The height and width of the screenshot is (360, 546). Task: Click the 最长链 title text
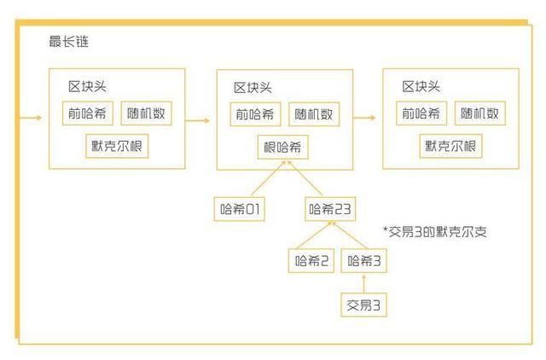pyautogui.click(x=68, y=42)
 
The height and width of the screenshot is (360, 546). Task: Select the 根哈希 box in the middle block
pyautogui.click(x=282, y=148)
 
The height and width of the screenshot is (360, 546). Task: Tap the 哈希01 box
pyautogui.click(x=240, y=209)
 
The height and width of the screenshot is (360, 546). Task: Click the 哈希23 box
pyautogui.click(x=330, y=209)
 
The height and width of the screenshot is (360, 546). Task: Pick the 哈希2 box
pyautogui.click(x=311, y=260)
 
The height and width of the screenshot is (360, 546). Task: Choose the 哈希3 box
pyautogui.click(x=364, y=260)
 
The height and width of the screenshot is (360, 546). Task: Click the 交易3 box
pyautogui.click(x=364, y=305)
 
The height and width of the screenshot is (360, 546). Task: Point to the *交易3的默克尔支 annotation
pyautogui.click(x=434, y=231)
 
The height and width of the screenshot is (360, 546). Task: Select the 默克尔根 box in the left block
pyautogui.click(x=117, y=146)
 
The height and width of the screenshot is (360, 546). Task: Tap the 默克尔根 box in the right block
pyautogui.click(x=450, y=146)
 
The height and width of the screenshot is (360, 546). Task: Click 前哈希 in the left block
pyautogui.click(x=88, y=113)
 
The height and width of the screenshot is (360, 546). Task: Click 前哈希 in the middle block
pyautogui.click(x=255, y=114)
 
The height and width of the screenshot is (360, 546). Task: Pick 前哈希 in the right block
pyautogui.click(x=421, y=113)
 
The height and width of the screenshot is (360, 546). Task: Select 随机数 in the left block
pyautogui.click(x=146, y=113)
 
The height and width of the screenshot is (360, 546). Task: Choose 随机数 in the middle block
pyautogui.click(x=314, y=114)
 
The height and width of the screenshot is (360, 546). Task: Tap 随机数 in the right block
pyautogui.click(x=480, y=113)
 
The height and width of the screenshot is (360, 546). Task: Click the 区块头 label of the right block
pyautogui.click(x=421, y=87)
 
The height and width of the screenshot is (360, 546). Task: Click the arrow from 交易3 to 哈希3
pyautogui.click(x=364, y=283)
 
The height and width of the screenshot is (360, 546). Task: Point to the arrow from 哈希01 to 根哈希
pyautogui.click(x=269, y=178)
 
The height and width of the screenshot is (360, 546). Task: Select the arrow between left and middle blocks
pyautogui.click(x=198, y=121)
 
